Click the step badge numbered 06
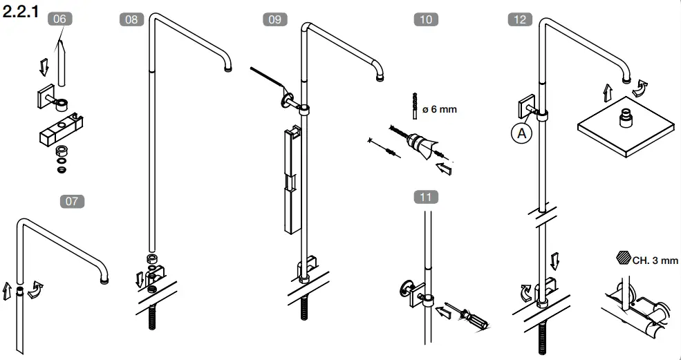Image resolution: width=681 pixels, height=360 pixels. [x=59, y=19]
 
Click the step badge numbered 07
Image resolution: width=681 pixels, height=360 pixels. [x=72, y=202]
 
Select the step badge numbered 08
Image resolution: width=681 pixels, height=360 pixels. [x=131, y=19]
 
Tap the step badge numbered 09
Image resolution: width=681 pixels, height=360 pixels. [x=274, y=19]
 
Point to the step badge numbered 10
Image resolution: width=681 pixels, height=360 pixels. [x=426, y=19]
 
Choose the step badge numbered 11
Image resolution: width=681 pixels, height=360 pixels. [x=426, y=197]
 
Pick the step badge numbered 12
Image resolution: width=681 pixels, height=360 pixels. [x=519, y=19]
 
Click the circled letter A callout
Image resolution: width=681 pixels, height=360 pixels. [x=521, y=133]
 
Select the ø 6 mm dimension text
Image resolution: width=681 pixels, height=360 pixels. [x=440, y=109]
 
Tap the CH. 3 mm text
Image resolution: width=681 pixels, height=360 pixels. [x=653, y=261]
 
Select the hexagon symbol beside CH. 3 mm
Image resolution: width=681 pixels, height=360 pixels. [x=622, y=260]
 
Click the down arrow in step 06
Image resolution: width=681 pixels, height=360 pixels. [x=44, y=67]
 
